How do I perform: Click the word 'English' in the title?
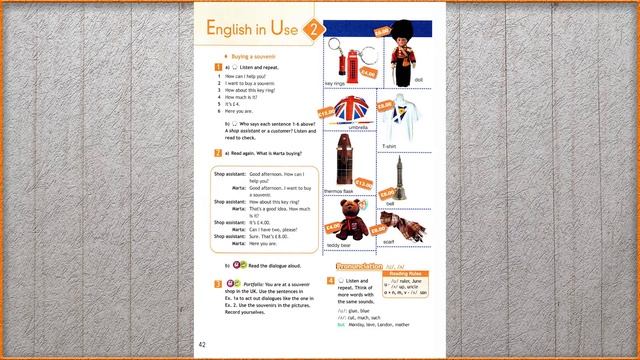[x=236, y=31]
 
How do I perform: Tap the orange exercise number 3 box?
[x=218, y=285]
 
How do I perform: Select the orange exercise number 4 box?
[x=330, y=281]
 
